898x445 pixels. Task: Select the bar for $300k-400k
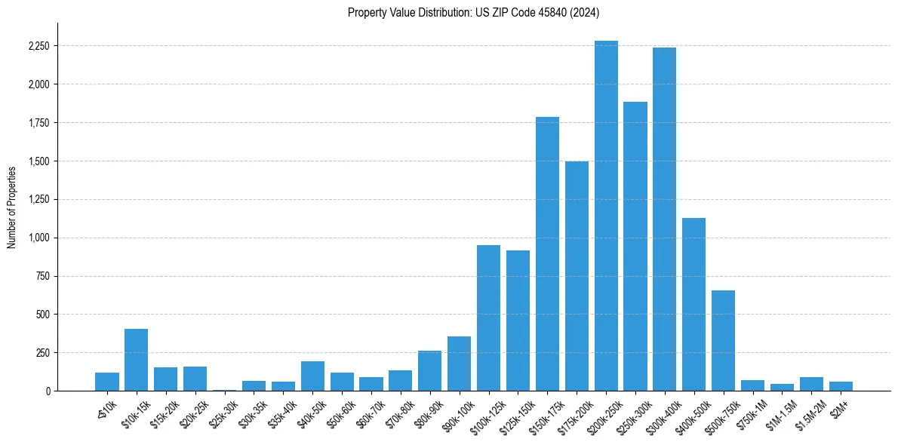[664, 219]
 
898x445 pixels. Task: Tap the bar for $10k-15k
[136, 360]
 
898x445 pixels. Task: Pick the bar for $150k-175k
[547, 253]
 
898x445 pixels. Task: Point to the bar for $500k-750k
[723, 340]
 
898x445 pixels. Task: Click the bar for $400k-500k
[693, 304]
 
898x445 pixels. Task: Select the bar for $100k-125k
[488, 318]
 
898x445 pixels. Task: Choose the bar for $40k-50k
[312, 376]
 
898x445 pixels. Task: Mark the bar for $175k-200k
[577, 276]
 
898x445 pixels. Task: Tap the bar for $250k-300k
[635, 246]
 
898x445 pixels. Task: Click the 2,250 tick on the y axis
[38, 46]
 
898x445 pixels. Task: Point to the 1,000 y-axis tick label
[38, 238]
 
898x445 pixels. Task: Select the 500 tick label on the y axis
[42, 315]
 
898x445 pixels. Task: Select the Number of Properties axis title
[12, 207]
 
